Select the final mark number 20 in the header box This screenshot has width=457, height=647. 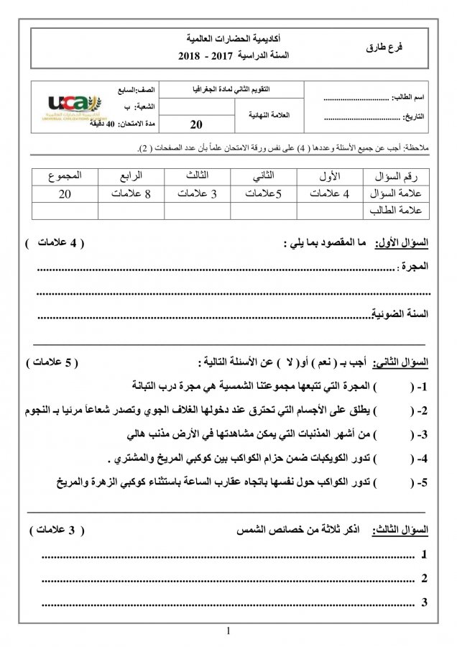point(198,126)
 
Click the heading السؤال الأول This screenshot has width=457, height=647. point(406,244)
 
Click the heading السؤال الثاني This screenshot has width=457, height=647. point(406,361)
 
